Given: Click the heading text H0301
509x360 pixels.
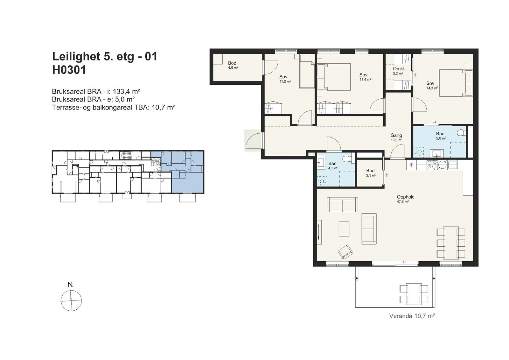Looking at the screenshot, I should (x=69, y=70).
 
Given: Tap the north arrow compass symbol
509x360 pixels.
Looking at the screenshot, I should (x=71, y=300).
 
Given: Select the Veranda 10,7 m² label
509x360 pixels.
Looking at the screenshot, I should (x=412, y=316).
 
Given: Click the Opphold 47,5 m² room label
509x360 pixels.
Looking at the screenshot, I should (x=405, y=199).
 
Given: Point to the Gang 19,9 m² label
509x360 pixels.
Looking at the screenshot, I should (x=396, y=138).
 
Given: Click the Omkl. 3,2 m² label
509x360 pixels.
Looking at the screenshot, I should (x=398, y=71).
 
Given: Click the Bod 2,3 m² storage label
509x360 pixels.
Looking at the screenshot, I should (x=371, y=173).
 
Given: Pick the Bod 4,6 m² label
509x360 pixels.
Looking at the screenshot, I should (x=233, y=65).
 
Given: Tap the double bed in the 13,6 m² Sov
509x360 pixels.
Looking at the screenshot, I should (x=334, y=77).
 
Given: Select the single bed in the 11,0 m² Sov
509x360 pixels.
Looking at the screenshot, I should (x=307, y=71).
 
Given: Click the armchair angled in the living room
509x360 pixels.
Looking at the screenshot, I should (x=345, y=252).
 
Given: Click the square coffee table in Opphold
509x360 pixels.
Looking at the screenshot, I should (x=344, y=229).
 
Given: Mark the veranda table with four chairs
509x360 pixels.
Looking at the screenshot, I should (x=414, y=294).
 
